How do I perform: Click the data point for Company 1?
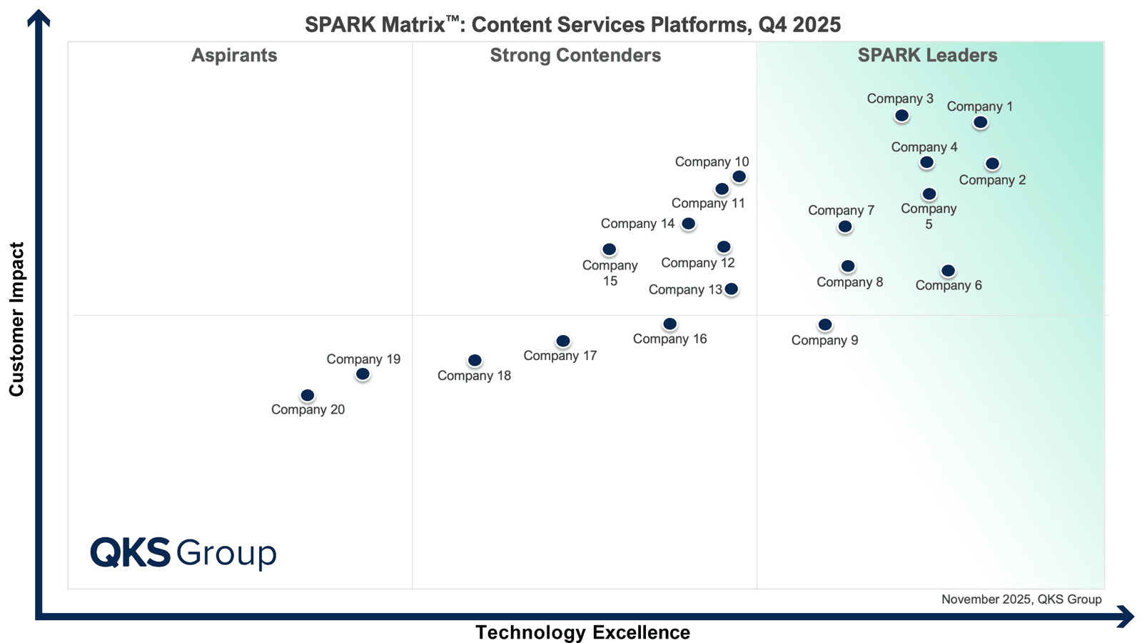981,122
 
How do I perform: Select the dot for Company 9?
825,324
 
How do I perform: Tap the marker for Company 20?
308,396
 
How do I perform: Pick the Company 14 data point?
688,224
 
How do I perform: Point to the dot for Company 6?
948,271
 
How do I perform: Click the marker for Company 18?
475,361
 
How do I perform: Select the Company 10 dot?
739,176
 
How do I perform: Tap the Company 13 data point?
731,289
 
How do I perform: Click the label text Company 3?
900,99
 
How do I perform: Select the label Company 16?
670,339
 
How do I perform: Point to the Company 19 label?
363,359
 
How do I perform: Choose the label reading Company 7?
842,210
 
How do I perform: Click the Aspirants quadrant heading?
234,55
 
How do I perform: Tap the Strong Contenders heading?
575,55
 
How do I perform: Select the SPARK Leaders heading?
927,55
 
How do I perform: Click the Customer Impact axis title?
16,319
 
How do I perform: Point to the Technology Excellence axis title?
582,632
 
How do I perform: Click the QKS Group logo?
183,553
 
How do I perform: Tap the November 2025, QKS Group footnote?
1021,599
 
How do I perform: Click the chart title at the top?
572,24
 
